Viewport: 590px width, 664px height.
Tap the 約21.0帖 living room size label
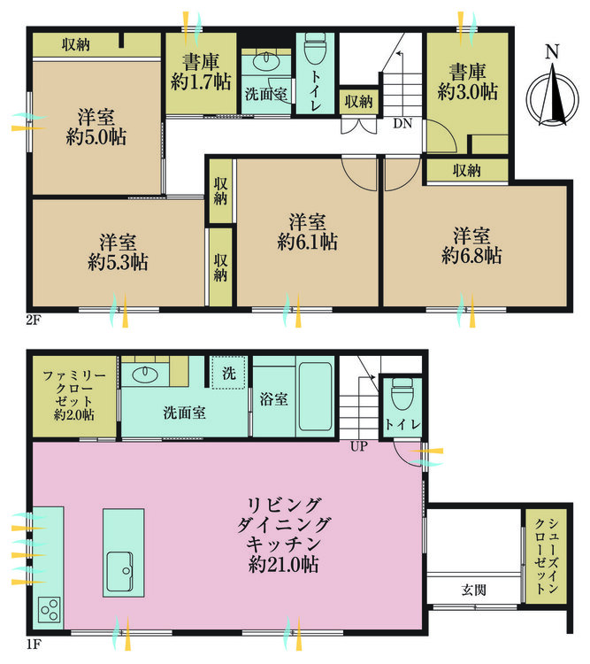[x=283, y=564]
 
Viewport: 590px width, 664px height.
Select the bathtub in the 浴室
[x=314, y=395]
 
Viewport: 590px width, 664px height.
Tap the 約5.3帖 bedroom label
[x=118, y=262]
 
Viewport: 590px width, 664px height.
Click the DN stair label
[x=402, y=124]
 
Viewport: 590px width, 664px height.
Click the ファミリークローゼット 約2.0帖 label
[x=68, y=398]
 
